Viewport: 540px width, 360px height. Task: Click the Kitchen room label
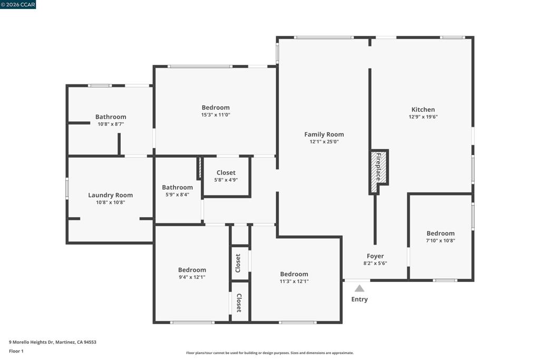pos(423,110)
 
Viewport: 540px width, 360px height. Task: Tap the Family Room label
pos(324,134)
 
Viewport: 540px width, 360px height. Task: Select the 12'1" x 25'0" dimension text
pos(324,141)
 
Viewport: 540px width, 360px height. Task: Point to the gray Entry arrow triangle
pos(359,288)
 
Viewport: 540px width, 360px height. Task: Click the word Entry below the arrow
pos(359,299)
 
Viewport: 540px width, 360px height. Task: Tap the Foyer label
pos(375,256)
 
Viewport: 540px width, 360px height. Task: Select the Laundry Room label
pos(110,195)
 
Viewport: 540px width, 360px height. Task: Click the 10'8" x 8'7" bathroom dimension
pos(111,124)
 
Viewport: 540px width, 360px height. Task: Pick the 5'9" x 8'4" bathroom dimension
pos(177,194)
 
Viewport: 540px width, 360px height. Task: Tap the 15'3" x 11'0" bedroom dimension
pos(216,114)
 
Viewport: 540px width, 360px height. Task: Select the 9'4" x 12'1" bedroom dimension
pos(192,277)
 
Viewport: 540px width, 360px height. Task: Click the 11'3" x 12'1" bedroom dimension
pos(294,281)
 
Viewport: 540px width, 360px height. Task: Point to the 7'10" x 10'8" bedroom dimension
pos(440,240)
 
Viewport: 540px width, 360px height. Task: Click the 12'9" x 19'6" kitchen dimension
pos(423,116)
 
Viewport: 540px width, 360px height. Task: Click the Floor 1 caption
pos(16,351)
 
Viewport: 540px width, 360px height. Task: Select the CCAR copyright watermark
pos(18,4)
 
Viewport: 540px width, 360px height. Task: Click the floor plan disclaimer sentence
pos(270,353)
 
